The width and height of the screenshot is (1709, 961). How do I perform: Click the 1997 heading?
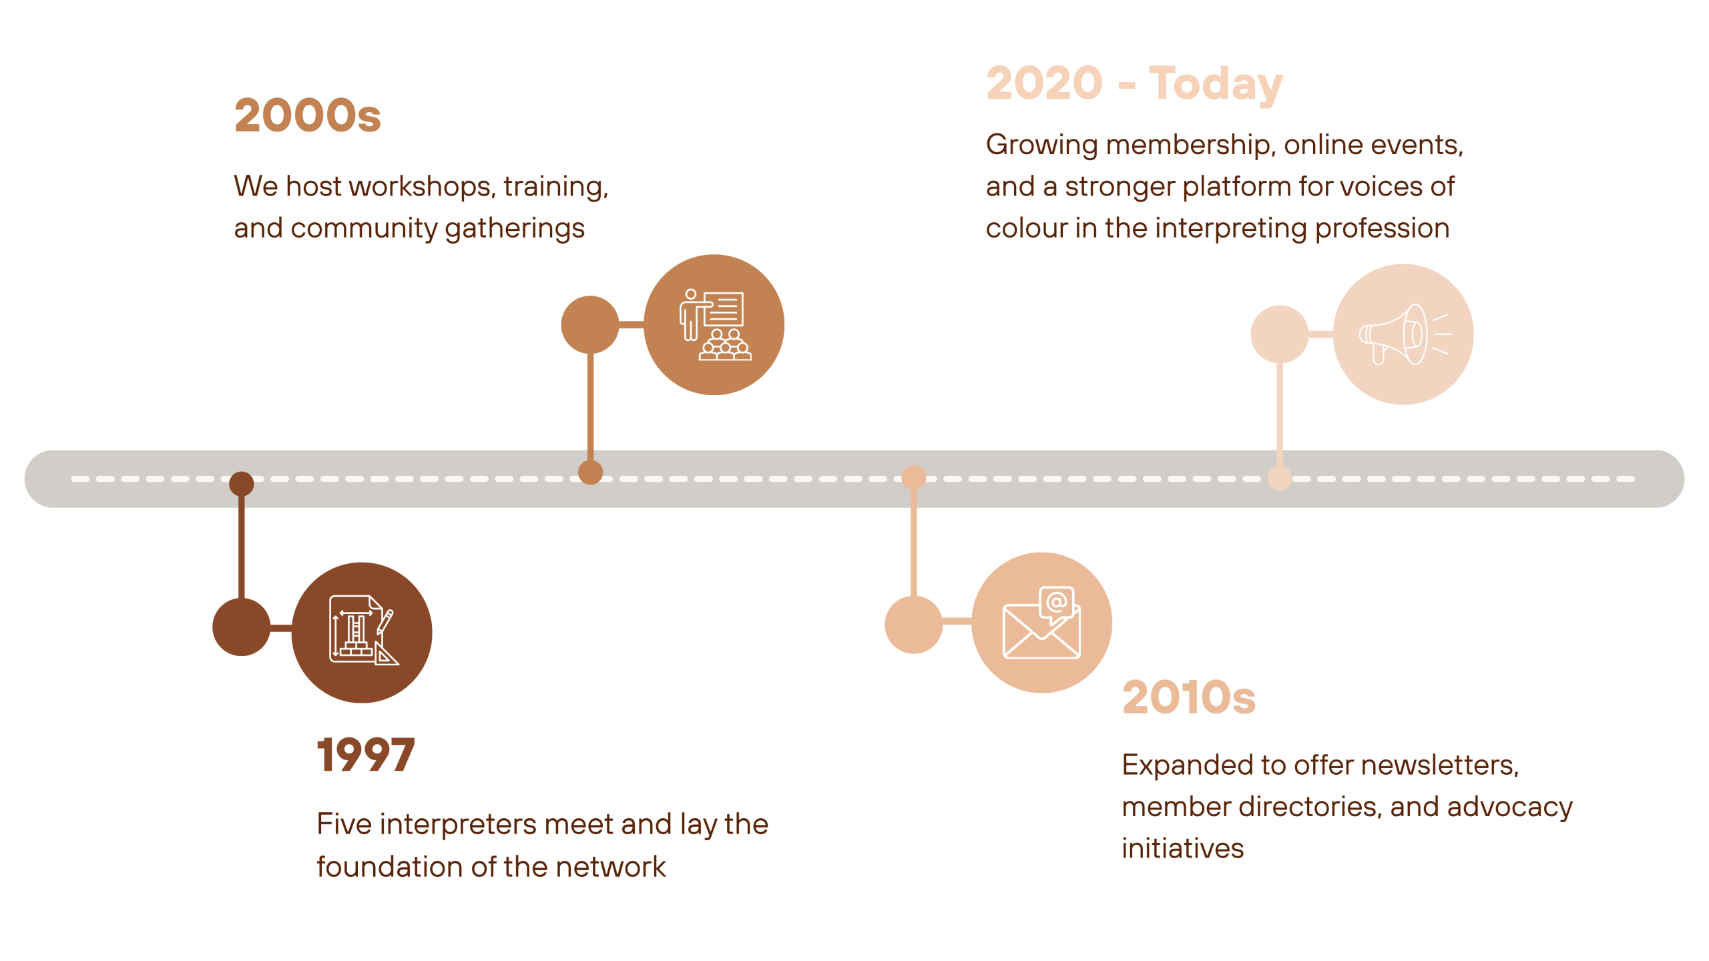click(x=366, y=755)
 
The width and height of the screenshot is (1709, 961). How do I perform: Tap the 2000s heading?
click(x=308, y=115)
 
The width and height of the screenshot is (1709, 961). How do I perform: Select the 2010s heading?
click(x=1189, y=697)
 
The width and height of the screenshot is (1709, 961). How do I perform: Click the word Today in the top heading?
click(x=1216, y=84)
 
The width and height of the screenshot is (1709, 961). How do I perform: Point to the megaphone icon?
click(x=1405, y=334)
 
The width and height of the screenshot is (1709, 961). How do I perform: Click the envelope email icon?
click(x=1041, y=622)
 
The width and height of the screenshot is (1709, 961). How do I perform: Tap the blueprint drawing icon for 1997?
click(x=364, y=630)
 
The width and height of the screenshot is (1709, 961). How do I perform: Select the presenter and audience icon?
click(x=715, y=325)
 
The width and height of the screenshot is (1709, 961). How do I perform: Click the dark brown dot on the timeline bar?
click(x=241, y=484)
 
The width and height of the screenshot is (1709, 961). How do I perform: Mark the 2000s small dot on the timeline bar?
click(x=590, y=472)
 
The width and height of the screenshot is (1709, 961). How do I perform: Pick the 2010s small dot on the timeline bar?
click(x=913, y=478)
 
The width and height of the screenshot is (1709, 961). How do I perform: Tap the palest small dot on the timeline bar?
click(x=1279, y=478)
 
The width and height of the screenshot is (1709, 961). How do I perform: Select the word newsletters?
click(x=1440, y=765)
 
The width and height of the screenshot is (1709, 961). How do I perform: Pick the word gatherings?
click(x=515, y=229)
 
